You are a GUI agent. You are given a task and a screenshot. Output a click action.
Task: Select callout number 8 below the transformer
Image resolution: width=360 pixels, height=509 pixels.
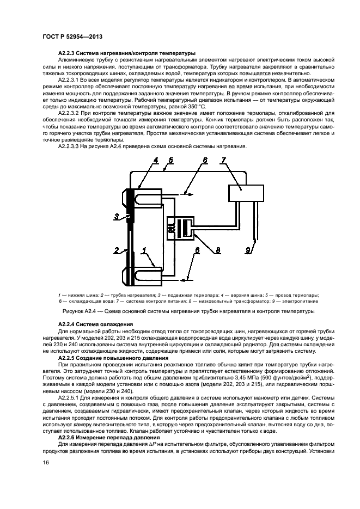(217, 251)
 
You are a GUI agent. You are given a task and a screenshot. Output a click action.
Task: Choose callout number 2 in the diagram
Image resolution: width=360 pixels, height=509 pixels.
(116, 251)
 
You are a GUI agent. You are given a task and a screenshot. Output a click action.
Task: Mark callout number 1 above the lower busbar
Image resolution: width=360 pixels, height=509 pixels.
(144, 251)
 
